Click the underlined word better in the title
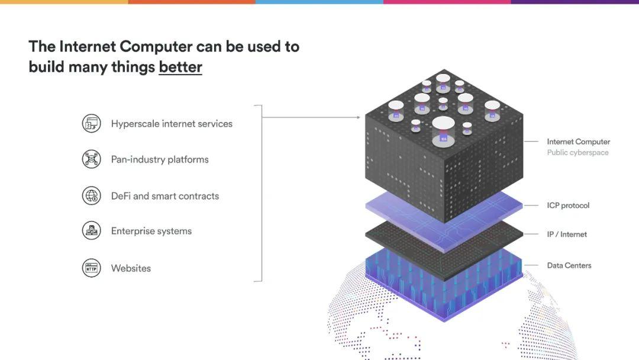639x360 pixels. pyautogui.click(x=180, y=67)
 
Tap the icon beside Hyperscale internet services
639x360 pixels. pyautogui.click(x=91, y=123)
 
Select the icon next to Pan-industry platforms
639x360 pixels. pyautogui.click(x=91, y=159)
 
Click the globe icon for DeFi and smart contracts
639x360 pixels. pyautogui.click(x=91, y=196)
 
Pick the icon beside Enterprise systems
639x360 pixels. pyautogui.click(x=91, y=231)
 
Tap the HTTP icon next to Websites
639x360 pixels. pyautogui.click(x=91, y=268)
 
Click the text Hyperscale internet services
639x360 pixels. pyautogui.click(x=172, y=124)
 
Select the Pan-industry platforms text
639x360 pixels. pyautogui.click(x=160, y=159)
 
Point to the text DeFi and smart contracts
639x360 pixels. pyautogui.click(x=165, y=196)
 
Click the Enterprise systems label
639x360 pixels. pyautogui.click(x=151, y=231)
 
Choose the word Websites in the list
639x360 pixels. pyautogui.click(x=131, y=268)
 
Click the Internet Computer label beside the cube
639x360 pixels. pyautogui.click(x=578, y=142)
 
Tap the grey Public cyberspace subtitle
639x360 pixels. pyautogui.click(x=577, y=153)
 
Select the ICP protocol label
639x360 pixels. pyautogui.click(x=568, y=205)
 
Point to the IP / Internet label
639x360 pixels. pyautogui.click(x=567, y=234)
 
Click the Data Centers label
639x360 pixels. pyautogui.click(x=569, y=265)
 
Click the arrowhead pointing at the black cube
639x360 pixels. pyautogui.click(x=358, y=117)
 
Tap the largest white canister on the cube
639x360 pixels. pyautogui.click(x=443, y=131)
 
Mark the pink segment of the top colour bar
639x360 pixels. pyautogui.click(x=447, y=2)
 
